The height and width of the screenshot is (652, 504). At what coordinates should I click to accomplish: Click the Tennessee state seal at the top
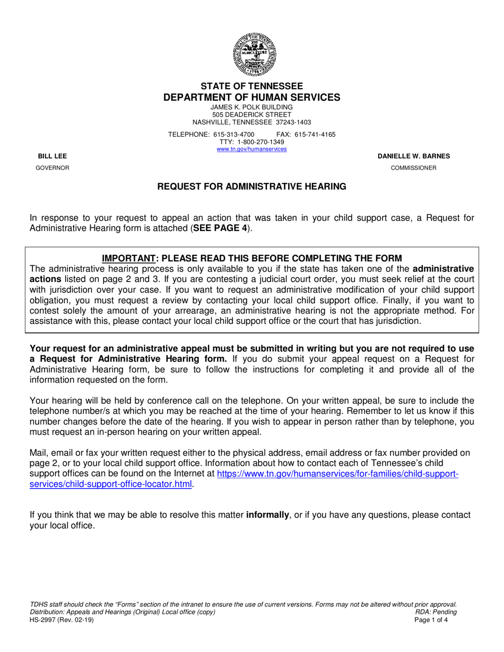[251, 54]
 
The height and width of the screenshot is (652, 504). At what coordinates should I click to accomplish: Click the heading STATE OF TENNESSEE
[251, 86]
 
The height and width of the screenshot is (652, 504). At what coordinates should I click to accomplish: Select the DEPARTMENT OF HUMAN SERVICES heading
[251, 98]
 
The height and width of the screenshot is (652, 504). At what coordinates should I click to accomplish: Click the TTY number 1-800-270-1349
[260, 142]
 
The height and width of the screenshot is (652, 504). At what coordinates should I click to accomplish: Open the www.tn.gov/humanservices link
[251, 149]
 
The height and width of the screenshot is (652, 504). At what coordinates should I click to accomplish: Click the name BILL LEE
[52, 156]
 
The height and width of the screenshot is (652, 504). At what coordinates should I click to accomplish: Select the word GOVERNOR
[52, 168]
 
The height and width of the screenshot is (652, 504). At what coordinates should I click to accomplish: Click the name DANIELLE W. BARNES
[413, 156]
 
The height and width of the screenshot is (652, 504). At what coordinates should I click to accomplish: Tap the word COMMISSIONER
[413, 168]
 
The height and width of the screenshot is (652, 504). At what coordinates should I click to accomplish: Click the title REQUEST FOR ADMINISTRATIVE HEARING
[251, 187]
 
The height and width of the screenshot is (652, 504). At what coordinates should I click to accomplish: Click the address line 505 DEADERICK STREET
[251, 114]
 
